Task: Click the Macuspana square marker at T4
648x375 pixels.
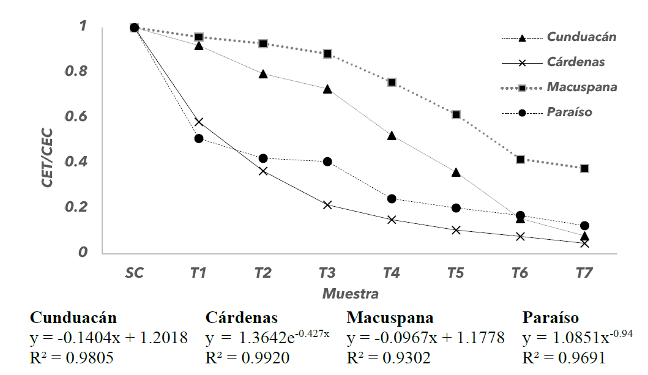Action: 392,82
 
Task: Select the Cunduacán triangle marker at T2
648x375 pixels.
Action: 263,74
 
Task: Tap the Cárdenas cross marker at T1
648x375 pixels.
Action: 198,122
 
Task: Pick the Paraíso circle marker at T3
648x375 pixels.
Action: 327,162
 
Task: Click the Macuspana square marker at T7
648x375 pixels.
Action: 584,168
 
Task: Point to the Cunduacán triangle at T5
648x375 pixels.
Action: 456,173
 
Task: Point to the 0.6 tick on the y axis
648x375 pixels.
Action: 79,117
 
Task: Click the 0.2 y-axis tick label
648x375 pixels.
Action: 79,207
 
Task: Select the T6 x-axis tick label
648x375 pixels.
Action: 520,273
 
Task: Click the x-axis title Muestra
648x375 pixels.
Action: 351,294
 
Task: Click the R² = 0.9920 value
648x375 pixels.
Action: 247,358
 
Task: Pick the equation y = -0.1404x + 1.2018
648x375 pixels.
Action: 109,338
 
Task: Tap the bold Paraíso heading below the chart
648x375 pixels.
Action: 551,317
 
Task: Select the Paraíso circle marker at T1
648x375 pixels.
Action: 199,139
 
